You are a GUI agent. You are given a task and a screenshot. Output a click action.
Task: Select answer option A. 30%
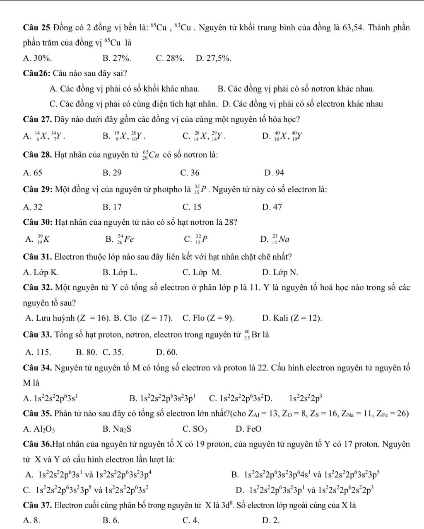coord(38,58)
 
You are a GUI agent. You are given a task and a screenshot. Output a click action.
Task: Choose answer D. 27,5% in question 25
coord(213,58)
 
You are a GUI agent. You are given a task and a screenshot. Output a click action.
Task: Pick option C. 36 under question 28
coord(190,173)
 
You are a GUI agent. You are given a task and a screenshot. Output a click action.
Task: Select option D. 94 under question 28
coord(273,173)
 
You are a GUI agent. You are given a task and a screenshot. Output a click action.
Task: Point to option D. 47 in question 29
coord(272,207)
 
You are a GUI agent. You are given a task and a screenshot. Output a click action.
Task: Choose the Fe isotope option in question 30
coord(119,239)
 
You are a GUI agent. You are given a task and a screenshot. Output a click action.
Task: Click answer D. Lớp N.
coord(280,272)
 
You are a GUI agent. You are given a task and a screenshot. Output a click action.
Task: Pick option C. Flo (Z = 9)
coord(208,318)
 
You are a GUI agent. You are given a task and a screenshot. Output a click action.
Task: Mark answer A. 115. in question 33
coord(38,352)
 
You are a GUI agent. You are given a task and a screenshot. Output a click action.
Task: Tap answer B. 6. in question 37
coord(111,520)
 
